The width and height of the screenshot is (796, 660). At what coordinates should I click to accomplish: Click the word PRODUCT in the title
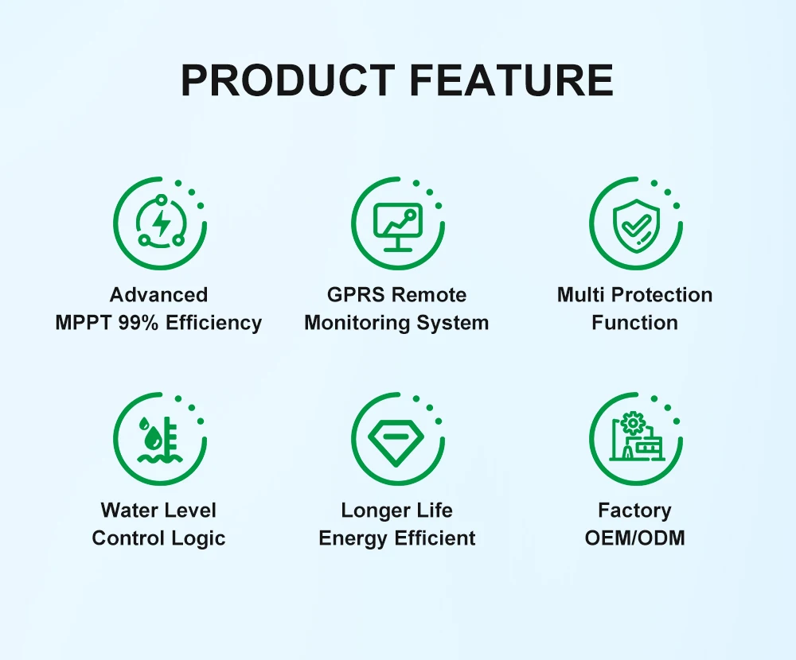(288, 80)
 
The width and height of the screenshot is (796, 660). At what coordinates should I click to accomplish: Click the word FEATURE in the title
(512, 80)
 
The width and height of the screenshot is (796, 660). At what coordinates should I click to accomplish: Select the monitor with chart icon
(398, 227)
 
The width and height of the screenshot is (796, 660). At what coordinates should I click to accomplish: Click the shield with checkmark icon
(636, 225)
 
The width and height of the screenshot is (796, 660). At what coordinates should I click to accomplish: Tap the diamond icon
(396, 441)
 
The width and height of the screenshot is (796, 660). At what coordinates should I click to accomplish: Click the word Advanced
(159, 295)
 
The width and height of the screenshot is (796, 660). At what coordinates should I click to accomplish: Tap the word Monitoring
(357, 323)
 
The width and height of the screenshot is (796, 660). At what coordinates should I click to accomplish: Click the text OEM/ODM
(634, 538)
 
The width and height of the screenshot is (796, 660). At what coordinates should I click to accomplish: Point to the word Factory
(634, 511)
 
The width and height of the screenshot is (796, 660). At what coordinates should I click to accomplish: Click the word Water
(131, 511)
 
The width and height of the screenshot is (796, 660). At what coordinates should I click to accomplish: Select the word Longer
(374, 511)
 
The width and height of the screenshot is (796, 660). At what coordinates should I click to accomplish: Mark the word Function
(634, 323)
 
